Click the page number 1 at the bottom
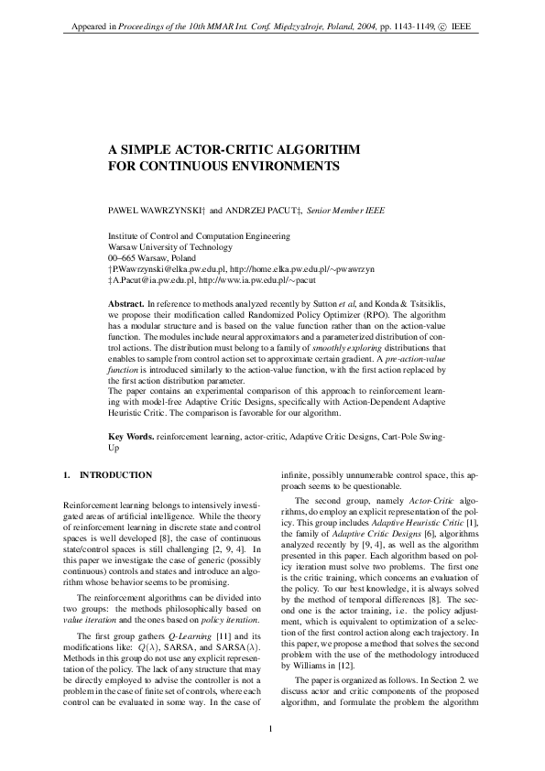coord(272,729)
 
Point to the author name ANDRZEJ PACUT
coord(261,210)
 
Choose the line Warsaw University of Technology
coord(169,247)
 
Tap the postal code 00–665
coord(124,258)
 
